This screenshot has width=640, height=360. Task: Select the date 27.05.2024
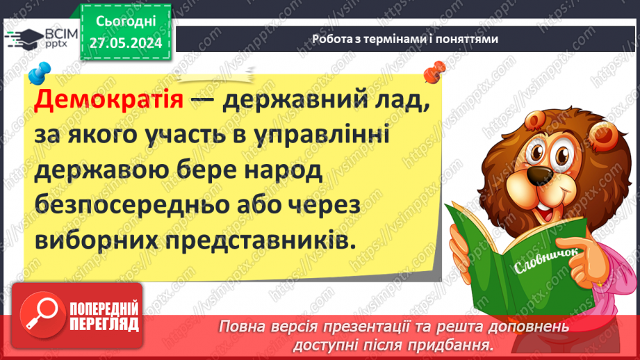click(x=125, y=43)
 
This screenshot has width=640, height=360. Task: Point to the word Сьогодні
click(x=125, y=22)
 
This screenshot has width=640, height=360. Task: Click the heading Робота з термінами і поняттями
click(x=405, y=40)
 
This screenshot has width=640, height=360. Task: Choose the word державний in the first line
click(x=292, y=102)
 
